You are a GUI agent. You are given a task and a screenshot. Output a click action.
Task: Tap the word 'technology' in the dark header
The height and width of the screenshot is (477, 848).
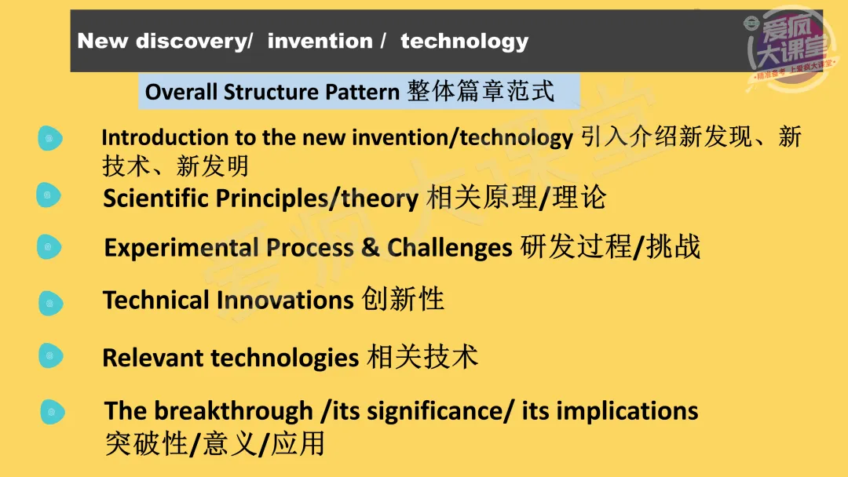click(464, 42)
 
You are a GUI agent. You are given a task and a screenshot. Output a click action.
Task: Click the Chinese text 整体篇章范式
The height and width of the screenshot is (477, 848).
click(481, 91)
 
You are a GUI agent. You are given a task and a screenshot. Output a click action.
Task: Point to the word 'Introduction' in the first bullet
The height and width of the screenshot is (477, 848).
click(165, 137)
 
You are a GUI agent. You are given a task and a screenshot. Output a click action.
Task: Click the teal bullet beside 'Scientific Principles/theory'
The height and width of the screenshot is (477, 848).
click(49, 195)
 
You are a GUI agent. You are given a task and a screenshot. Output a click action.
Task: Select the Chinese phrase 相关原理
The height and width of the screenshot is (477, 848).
click(481, 197)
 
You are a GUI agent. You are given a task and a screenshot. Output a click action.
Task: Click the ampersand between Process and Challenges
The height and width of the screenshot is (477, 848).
click(370, 247)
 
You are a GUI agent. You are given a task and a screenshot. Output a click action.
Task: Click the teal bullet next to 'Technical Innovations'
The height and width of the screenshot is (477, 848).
click(51, 303)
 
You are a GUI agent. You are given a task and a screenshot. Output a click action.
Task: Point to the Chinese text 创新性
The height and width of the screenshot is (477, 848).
click(403, 299)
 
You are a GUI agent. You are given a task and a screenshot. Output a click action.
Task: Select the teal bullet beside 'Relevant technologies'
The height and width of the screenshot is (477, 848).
click(51, 356)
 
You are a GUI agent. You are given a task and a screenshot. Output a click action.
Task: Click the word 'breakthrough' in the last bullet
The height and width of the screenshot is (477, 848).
click(234, 410)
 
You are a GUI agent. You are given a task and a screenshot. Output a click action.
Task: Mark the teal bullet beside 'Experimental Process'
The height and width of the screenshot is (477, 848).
click(49, 247)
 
